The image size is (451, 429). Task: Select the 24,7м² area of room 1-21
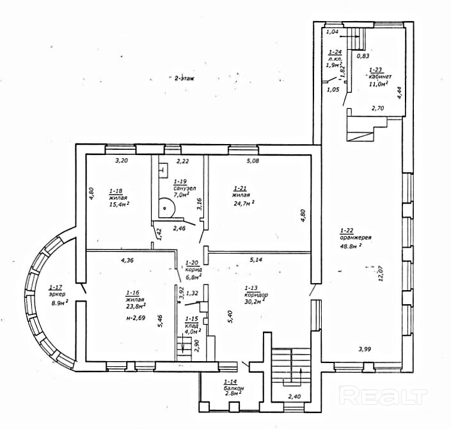pos(244,205)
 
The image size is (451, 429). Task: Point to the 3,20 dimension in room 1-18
pos(122,161)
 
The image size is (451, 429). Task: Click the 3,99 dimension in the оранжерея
pos(364,349)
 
